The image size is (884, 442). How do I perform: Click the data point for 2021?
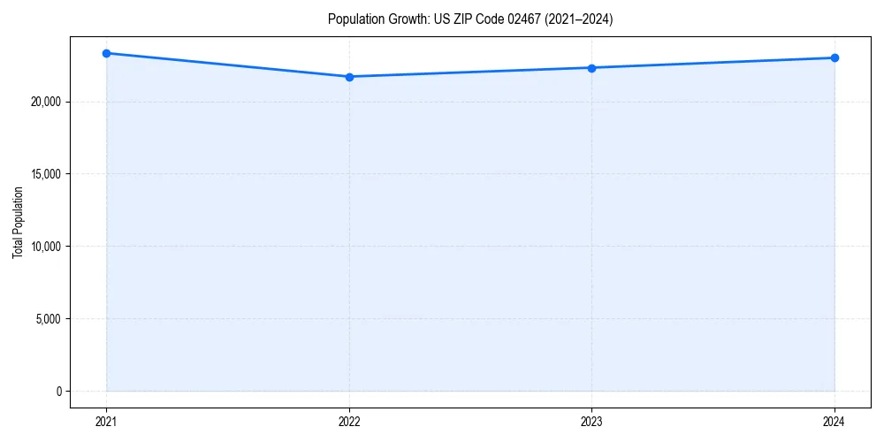tap(106, 53)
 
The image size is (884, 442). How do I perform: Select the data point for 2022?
tap(349, 77)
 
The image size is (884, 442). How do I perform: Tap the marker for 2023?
tap(591, 68)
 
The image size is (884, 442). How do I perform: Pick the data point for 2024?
tap(834, 58)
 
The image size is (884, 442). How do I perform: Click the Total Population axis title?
tap(18, 222)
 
